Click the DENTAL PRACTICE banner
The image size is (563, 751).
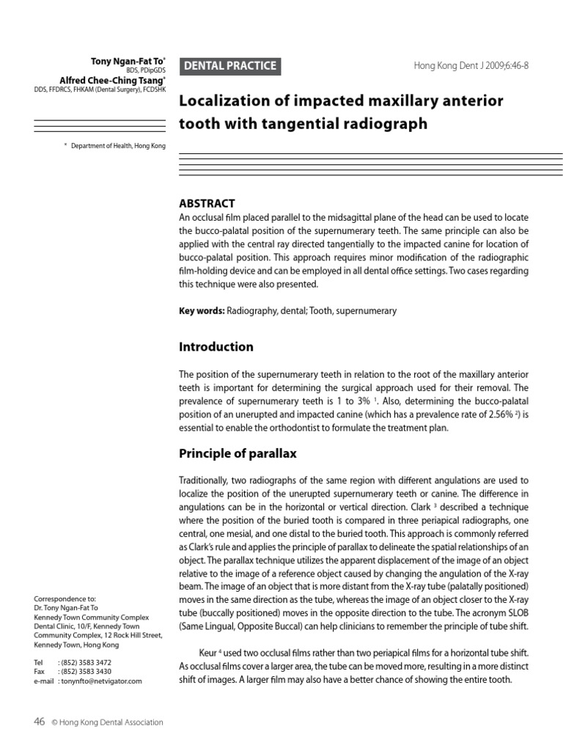229,66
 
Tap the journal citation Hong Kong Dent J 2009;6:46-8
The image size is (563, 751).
471,66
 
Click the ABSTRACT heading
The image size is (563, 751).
207,203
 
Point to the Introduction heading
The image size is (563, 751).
216,347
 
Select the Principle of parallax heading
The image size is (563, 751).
238,453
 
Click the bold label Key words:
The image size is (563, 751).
202,311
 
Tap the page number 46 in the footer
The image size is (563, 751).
40,722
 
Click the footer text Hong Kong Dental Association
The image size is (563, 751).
112,722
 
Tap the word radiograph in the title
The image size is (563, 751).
389,123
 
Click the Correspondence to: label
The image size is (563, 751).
60,599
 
